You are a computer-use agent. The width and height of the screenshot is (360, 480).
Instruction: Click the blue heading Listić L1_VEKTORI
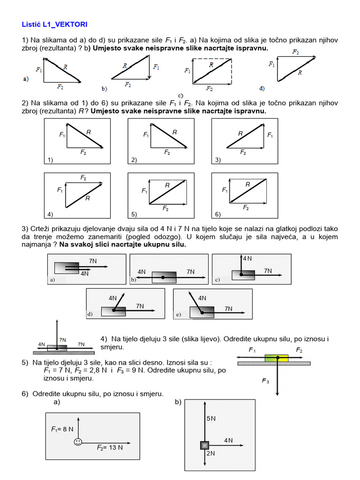(54, 23)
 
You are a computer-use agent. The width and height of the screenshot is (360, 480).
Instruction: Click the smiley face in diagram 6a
(78, 442)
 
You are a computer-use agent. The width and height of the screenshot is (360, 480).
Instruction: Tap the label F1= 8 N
(62, 429)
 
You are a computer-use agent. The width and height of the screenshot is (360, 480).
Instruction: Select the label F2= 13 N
(110, 448)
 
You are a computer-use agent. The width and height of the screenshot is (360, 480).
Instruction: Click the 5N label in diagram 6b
(211, 419)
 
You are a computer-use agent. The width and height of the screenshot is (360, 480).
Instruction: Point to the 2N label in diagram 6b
(210, 453)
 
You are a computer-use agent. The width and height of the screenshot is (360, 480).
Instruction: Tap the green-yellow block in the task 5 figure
(276, 358)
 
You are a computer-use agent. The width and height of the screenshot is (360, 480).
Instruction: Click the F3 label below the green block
(265, 381)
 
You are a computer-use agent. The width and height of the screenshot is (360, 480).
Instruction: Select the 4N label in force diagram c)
(247, 258)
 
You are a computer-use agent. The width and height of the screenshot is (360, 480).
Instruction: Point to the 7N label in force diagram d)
(140, 306)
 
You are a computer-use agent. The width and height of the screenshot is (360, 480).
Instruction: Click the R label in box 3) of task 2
(240, 134)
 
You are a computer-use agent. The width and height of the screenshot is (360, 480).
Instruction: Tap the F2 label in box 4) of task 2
(83, 178)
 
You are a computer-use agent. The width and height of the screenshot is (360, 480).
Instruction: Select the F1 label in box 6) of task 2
(225, 190)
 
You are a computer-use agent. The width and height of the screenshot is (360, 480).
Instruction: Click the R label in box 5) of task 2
(167, 186)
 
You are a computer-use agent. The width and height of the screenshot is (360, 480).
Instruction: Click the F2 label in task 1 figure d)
(295, 52)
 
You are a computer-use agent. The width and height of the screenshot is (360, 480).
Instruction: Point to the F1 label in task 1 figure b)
(156, 67)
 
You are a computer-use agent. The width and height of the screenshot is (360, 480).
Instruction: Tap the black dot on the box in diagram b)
(163, 278)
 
